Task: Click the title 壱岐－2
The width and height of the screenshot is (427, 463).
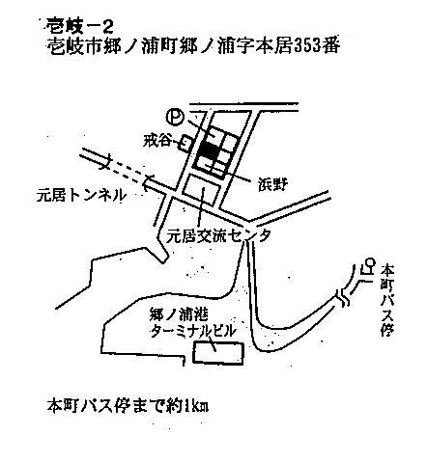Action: (x=79, y=26)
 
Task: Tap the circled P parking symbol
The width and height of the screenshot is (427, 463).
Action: (x=175, y=117)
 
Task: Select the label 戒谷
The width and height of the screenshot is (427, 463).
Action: (x=157, y=141)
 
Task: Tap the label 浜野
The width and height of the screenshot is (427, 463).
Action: (x=272, y=184)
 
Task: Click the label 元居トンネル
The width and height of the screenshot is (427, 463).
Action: (x=80, y=195)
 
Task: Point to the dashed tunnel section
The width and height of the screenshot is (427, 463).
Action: (x=127, y=169)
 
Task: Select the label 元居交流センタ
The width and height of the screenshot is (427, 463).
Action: (x=218, y=237)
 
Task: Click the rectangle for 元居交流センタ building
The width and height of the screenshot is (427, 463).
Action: (x=202, y=190)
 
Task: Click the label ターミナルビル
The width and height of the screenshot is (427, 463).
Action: (x=192, y=331)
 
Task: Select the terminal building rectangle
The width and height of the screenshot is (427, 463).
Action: (x=217, y=353)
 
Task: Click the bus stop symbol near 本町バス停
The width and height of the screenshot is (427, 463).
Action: (x=367, y=266)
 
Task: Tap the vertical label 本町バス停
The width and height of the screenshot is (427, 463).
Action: (x=386, y=300)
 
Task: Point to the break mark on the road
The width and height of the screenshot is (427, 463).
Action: (x=343, y=297)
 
